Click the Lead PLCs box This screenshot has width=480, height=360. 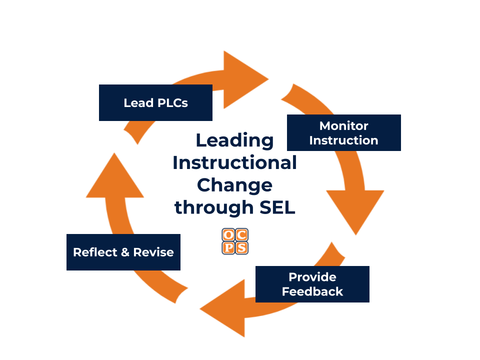coord(155,103)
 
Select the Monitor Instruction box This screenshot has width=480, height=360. coord(343,133)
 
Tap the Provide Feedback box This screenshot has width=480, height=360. coord(312,284)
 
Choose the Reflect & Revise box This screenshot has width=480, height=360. coord(123,252)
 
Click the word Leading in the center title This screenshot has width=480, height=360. coord(234,141)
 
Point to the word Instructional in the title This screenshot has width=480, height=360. coord(234,163)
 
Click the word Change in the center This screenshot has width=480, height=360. coord(234,185)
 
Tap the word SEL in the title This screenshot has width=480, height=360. coord(278,207)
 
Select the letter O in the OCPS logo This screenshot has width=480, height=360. coord(228,235)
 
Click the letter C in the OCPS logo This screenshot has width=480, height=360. coord(241,235)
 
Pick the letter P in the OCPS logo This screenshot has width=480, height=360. coord(228,247)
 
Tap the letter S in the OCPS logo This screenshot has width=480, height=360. coord(241,247)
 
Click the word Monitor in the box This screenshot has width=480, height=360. coord(343,126)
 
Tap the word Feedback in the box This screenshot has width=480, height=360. coord(312,291)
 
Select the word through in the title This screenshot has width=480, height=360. coord(210,207)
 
